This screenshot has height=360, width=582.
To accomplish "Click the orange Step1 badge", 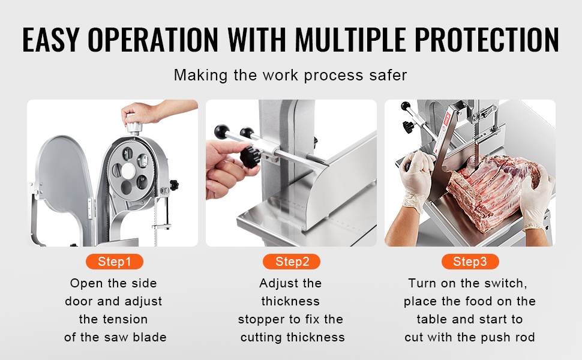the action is click(115, 262).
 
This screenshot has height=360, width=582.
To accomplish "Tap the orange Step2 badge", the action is click(292, 262).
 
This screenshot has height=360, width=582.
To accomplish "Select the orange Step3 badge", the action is click(470, 262).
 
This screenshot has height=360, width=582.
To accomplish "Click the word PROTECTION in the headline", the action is click(487, 40).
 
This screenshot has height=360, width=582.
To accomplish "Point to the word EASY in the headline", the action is click(51, 40).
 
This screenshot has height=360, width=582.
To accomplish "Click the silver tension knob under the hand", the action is click(134, 125).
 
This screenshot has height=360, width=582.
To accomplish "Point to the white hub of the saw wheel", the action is click(128, 170).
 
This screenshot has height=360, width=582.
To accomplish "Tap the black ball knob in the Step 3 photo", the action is click(405, 106).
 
